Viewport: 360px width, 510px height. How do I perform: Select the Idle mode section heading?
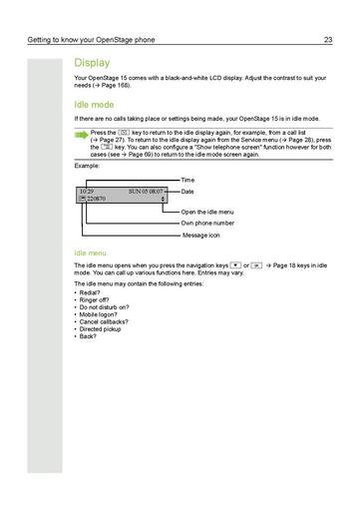(x=94, y=103)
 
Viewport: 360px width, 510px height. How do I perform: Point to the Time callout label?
(x=187, y=180)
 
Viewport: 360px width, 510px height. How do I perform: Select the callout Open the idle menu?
(x=207, y=213)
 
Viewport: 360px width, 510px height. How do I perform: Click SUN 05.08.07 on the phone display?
(x=146, y=190)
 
